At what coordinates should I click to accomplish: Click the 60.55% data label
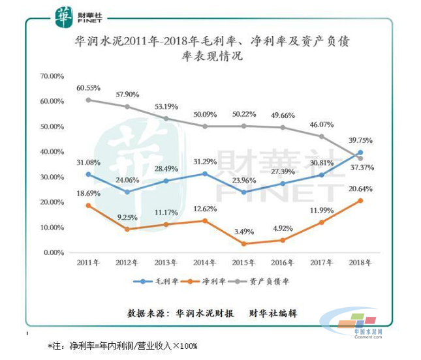(x=88, y=87)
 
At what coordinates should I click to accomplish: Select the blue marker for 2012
(x=127, y=192)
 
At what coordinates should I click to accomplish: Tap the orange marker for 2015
(x=244, y=243)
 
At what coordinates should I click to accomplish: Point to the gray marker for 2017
(x=321, y=136)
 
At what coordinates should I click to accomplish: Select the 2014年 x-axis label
(x=205, y=263)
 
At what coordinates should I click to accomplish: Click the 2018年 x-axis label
(x=360, y=263)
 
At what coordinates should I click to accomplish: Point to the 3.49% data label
(x=244, y=232)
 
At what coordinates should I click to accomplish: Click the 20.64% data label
(x=362, y=188)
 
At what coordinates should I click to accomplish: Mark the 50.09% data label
(x=205, y=115)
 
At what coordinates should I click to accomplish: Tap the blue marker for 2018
(x=360, y=153)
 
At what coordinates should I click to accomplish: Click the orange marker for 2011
(x=88, y=205)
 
